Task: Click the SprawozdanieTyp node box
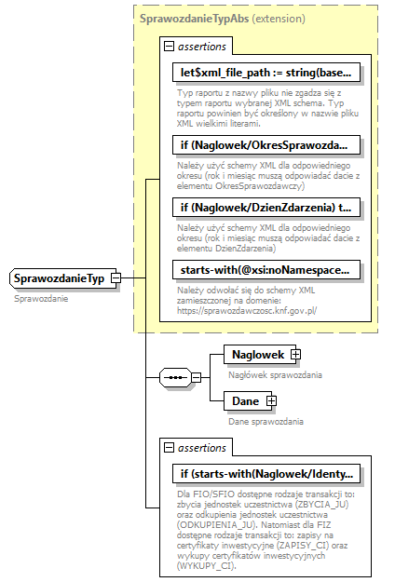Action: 58,277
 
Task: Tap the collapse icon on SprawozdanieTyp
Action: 115,277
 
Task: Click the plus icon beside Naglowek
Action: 295,355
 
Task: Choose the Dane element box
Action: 245,400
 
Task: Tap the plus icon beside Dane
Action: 272,400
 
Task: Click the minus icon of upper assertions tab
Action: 169,46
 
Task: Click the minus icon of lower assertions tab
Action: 169,448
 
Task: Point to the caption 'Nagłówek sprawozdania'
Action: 275,375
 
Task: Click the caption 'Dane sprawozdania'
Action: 266,421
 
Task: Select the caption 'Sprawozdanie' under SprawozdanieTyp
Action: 41,298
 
